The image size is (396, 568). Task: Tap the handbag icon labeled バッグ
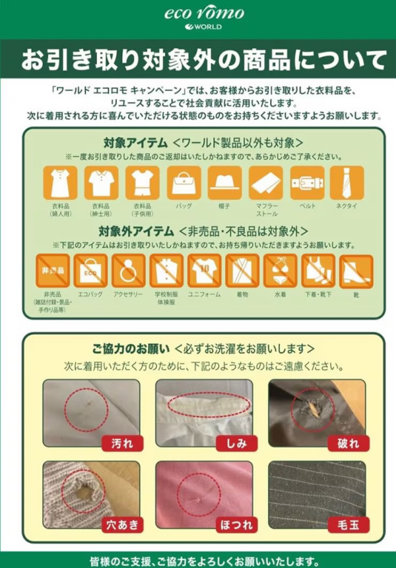(x=183, y=183)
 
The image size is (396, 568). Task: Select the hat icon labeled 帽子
(x=224, y=183)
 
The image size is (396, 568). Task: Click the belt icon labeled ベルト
(x=306, y=183)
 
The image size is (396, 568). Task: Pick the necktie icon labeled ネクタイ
(x=347, y=183)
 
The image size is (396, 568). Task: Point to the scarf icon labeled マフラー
(x=265, y=183)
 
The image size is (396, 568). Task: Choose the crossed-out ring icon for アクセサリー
(x=128, y=271)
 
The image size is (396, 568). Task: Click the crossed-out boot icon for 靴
(x=356, y=271)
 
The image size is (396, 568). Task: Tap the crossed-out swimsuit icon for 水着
(x=280, y=271)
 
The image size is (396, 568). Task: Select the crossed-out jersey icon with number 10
(x=204, y=271)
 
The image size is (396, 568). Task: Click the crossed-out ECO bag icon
(x=90, y=271)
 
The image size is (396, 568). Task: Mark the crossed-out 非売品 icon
(x=52, y=271)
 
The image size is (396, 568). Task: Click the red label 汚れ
(x=122, y=443)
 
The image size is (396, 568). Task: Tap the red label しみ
(x=235, y=443)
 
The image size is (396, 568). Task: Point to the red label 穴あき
(x=122, y=525)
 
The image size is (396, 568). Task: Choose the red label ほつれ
(x=235, y=525)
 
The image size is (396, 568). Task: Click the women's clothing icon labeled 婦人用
(x=60, y=183)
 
